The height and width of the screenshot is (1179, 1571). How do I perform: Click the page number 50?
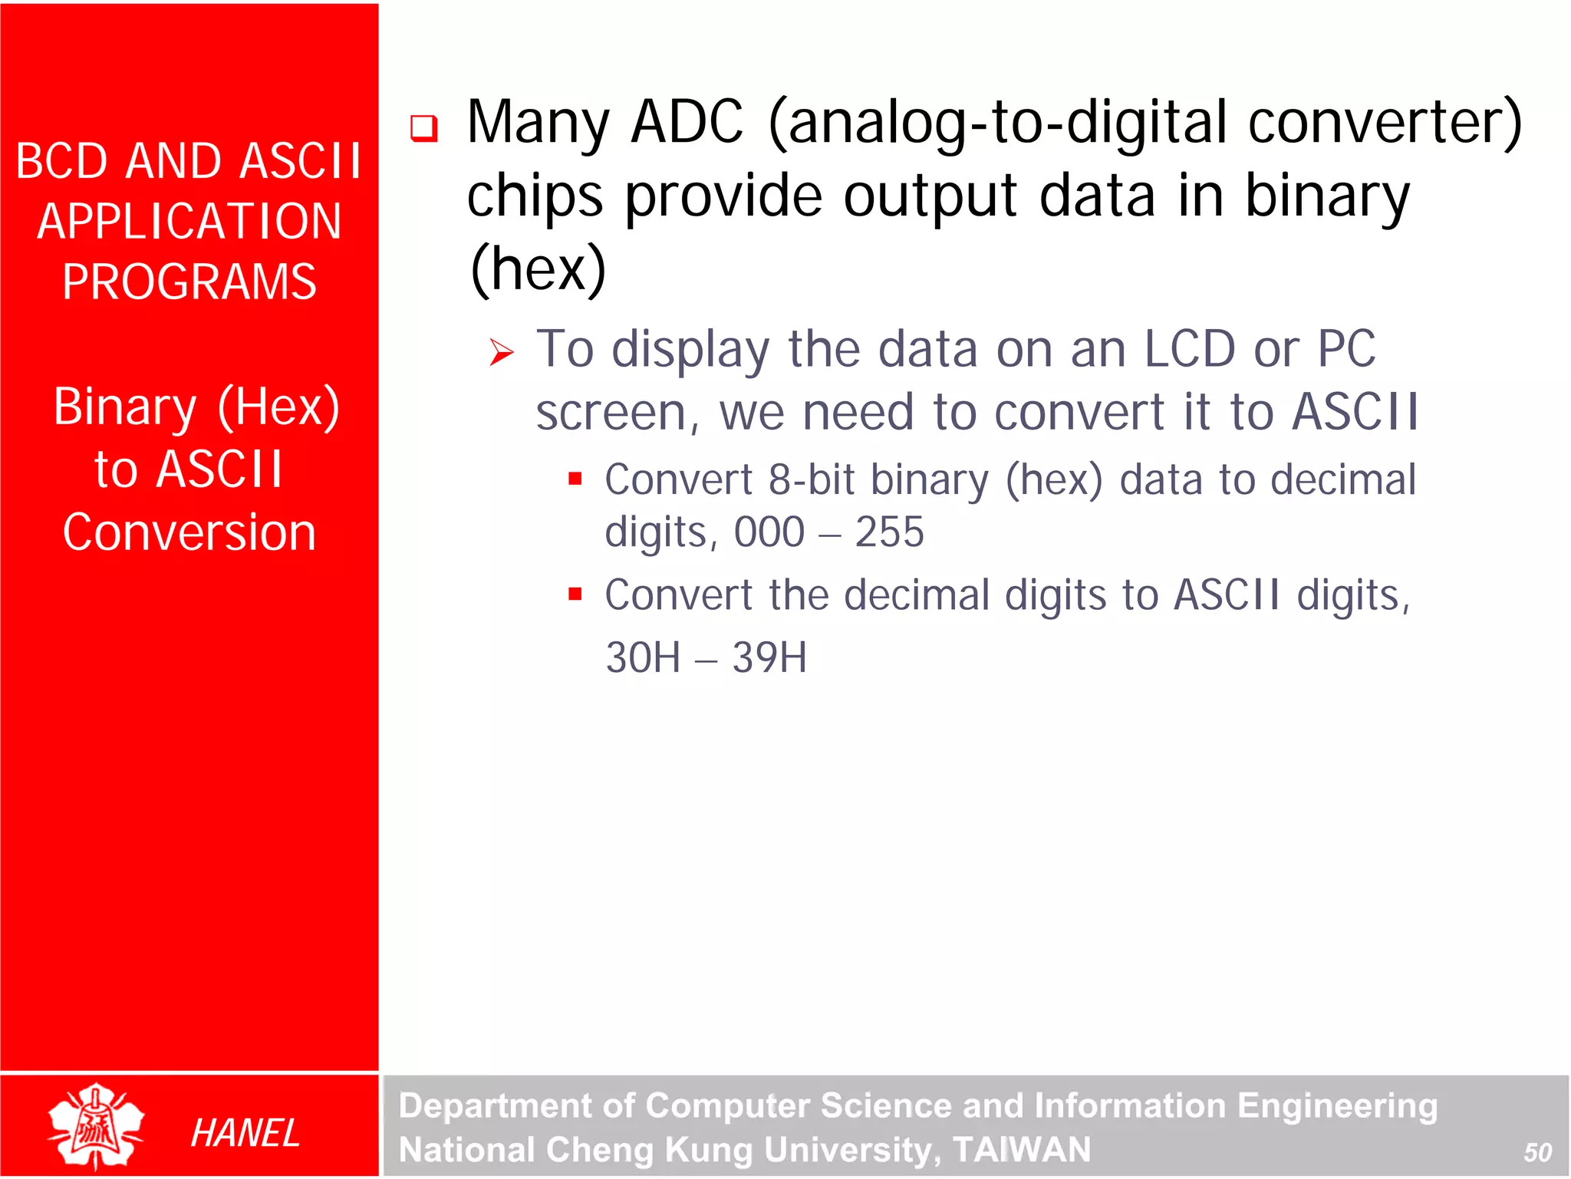[1537, 1151]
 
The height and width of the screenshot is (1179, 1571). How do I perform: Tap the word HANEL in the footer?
[245, 1133]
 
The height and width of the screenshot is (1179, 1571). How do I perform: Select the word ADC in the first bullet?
[687, 123]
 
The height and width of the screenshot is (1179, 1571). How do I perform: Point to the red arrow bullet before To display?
[502, 352]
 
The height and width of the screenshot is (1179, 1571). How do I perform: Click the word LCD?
[1189, 349]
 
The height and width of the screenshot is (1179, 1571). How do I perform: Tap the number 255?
[889, 532]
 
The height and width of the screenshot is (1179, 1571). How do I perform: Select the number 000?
[769, 532]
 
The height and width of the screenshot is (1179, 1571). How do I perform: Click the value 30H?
[643, 657]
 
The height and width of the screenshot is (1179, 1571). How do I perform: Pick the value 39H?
[769, 657]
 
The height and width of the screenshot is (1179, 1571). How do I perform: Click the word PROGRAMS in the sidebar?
[189, 282]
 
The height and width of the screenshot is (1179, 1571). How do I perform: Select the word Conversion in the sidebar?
[189, 532]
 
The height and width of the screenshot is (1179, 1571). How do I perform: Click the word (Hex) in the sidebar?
[278, 407]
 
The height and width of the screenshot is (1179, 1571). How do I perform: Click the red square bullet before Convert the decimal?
[575, 594]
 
